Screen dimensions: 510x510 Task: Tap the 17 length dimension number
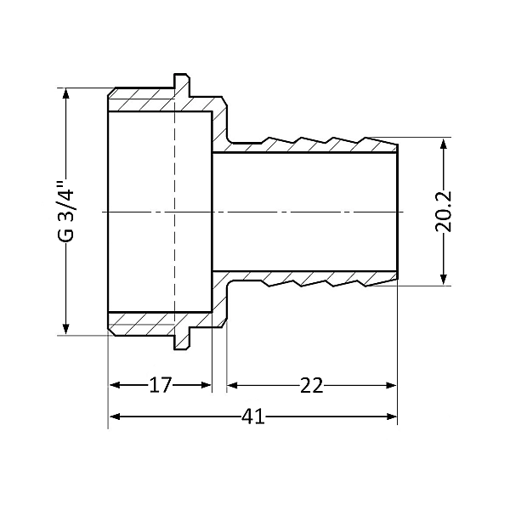[x=160, y=385]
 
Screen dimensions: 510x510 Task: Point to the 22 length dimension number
[x=312, y=385]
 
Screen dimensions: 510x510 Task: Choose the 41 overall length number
[x=253, y=416]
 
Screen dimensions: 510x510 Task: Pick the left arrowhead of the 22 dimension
[x=231, y=385]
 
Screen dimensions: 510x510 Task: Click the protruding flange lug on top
[x=181, y=82]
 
